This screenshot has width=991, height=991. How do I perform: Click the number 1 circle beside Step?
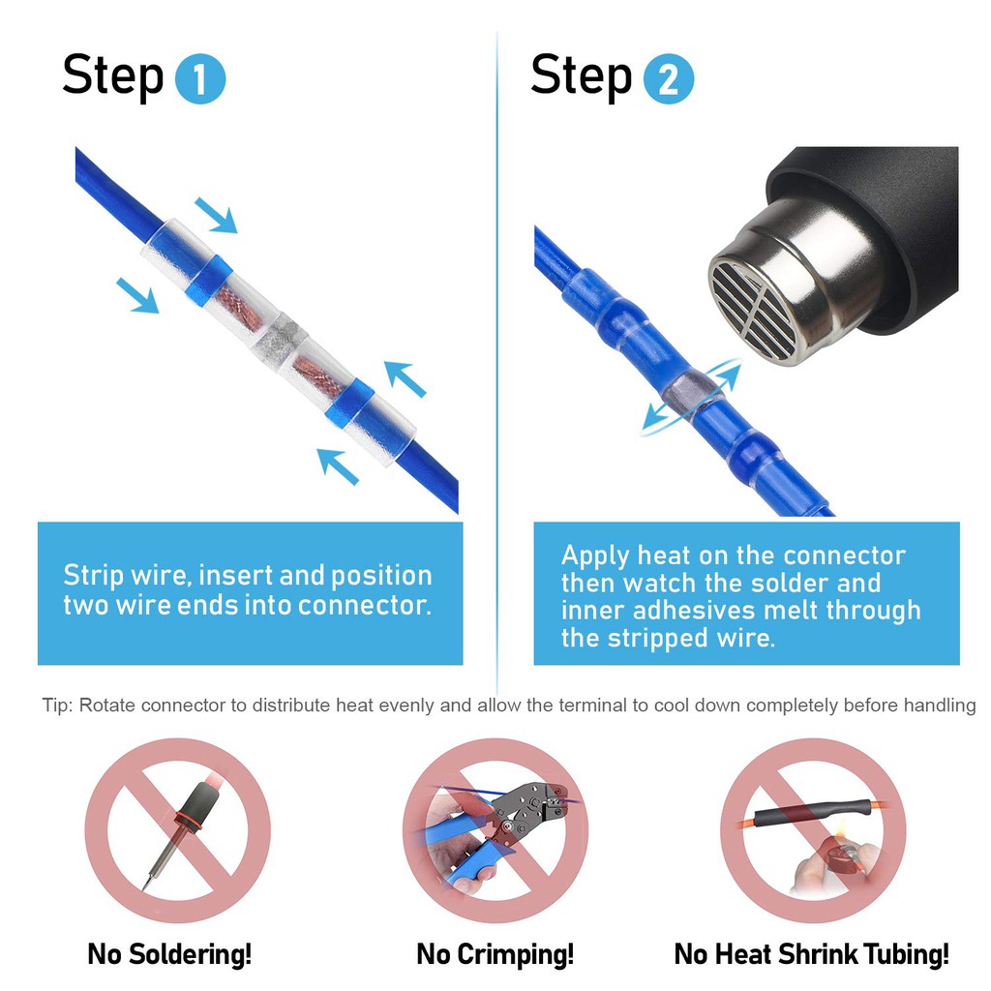pos(200,80)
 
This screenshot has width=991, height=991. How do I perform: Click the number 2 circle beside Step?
pos(669,80)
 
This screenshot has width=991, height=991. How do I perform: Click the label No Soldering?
pos(169,954)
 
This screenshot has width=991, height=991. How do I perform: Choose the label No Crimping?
pos(495,954)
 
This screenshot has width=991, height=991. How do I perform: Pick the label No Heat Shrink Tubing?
pos(811,954)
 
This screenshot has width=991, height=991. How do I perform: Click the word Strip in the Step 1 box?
pos(92,576)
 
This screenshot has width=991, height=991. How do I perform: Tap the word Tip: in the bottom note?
pos(58,705)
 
